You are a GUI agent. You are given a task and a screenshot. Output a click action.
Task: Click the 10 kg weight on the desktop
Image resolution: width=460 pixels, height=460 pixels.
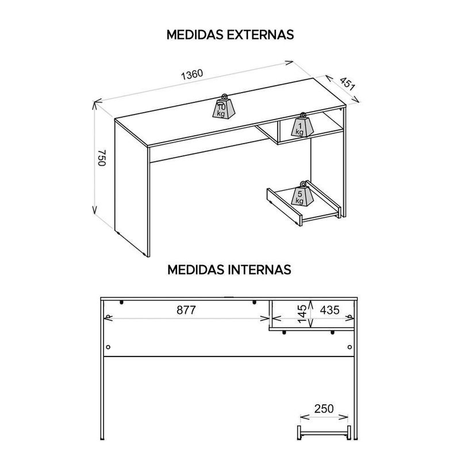click(224, 108)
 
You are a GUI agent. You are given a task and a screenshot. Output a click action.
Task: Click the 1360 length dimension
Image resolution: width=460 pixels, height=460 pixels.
click(192, 75)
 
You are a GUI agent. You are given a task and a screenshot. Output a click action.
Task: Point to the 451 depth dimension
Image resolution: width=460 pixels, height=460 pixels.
click(347, 84)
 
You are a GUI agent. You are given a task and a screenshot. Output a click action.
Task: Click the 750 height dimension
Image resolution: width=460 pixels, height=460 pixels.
click(102, 158)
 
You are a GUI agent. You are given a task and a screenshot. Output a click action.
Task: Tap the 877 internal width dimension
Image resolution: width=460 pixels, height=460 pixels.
click(186, 310)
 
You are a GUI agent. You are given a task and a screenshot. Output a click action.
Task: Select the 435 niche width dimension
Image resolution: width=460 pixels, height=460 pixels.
click(329, 310)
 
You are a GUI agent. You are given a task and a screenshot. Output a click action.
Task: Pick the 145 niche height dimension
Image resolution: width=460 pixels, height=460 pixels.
click(302, 313)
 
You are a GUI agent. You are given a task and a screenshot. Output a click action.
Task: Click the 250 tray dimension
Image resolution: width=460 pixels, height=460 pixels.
click(324, 408)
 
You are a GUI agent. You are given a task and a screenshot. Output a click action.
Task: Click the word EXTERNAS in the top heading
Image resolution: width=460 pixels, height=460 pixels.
click(260, 34)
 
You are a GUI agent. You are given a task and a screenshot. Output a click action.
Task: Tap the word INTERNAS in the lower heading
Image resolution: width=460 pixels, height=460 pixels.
click(259, 270)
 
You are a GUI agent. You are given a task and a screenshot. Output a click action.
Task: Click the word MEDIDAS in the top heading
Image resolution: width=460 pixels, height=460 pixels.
click(195, 34)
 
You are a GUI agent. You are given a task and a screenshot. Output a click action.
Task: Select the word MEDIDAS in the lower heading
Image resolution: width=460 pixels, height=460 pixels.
click(196, 270)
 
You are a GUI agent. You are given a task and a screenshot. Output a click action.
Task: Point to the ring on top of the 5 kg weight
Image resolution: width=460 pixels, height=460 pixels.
click(302, 184)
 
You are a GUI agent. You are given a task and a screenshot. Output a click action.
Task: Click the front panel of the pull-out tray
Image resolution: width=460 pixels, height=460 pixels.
click(284, 207)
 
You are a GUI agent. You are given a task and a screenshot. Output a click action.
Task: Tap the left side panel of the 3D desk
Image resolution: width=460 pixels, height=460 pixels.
click(132, 188)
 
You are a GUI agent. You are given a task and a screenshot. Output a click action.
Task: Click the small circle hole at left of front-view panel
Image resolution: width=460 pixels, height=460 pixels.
click(108, 347)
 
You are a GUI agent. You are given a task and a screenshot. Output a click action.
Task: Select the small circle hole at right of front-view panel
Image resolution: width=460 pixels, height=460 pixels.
click(350, 347)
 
